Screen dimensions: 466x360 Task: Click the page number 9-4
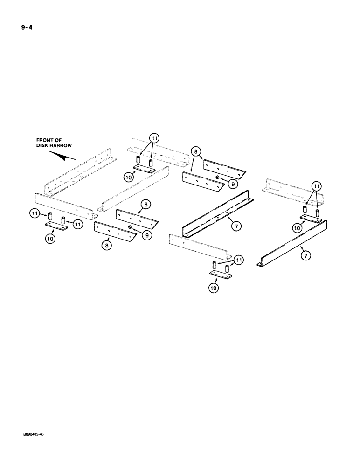click(x=25, y=27)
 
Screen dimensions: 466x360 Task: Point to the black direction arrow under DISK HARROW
click(x=64, y=156)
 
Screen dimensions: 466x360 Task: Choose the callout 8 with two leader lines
click(x=196, y=151)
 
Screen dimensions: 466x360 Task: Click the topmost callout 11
click(x=154, y=138)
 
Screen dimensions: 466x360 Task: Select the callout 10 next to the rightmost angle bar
click(x=297, y=227)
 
